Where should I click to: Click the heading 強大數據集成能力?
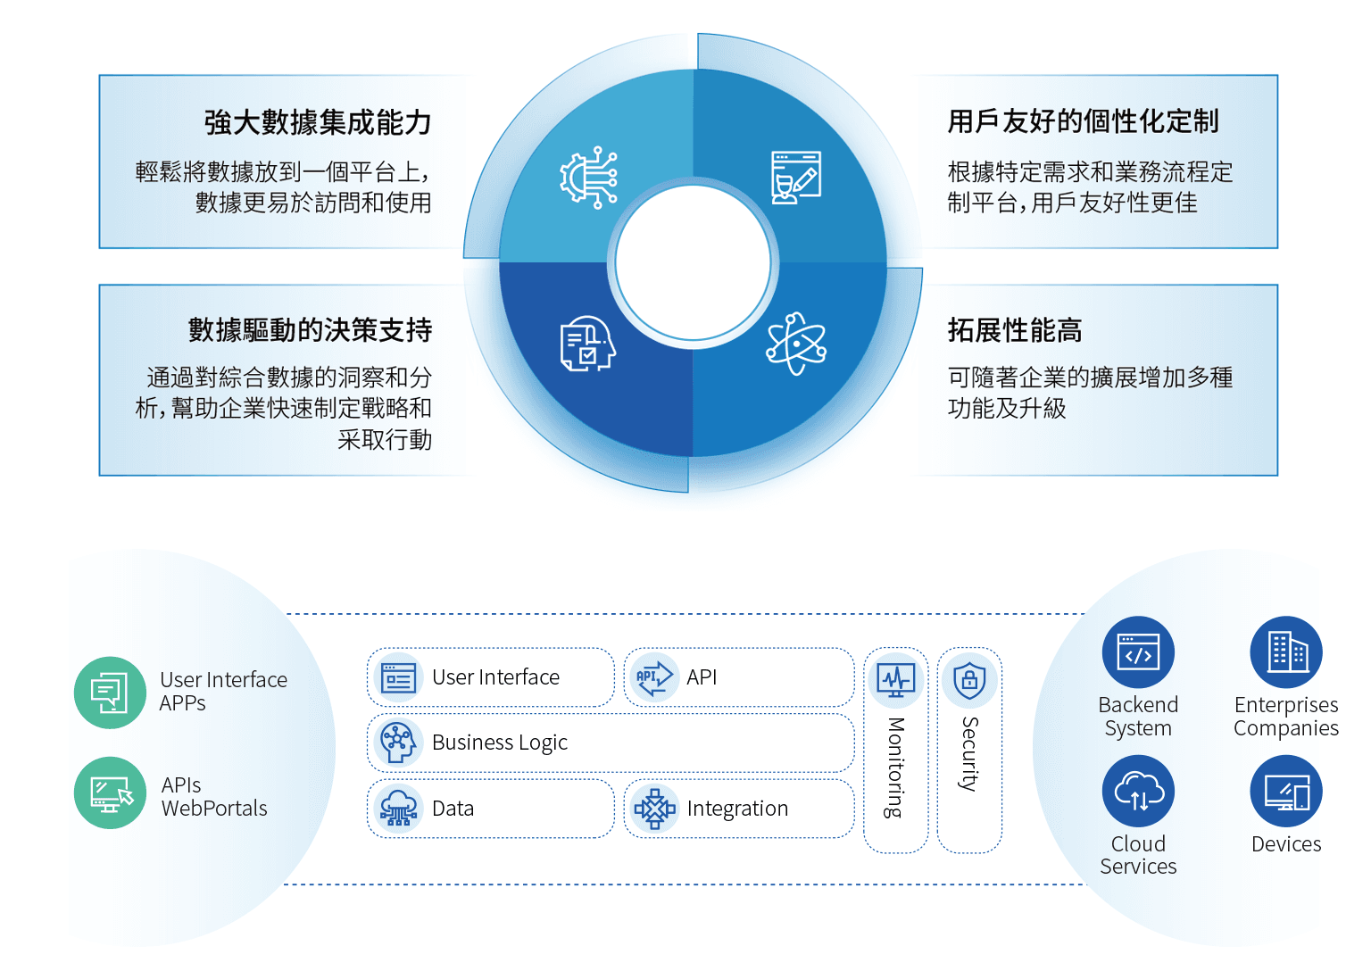[318, 122]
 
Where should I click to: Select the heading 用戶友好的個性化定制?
[1083, 121]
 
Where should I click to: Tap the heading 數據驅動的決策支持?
[310, 330]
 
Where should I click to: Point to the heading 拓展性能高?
[1014, 330]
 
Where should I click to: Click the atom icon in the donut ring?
[796, 344]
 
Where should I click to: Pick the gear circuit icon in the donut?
[589, 178]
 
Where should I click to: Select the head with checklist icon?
[587, 344]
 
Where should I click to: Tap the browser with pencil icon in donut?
[795, 178]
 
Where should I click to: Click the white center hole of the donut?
[693, 262]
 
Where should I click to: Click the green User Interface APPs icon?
[110, 693]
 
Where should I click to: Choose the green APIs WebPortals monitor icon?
[110, 793]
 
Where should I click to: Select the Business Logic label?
[499, 743]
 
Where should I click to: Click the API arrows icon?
[653, 677]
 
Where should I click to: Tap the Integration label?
[737, 809]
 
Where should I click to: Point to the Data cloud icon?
[398, 808]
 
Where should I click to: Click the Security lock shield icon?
[969, 681]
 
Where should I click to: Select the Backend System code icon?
[1138, 652]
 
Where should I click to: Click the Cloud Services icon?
[1138, 792]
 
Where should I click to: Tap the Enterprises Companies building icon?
[1286, 652]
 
